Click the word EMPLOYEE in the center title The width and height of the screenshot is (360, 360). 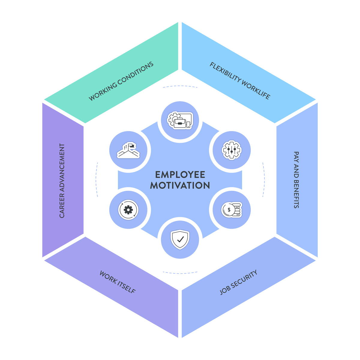(x=180, y=175)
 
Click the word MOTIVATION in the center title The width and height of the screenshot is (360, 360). (x=180, y=185)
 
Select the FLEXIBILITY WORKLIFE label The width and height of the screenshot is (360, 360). (x=240, y=81)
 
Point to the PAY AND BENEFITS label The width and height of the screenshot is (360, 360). (x=296, y=180)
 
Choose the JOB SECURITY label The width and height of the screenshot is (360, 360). (x=238, y=282)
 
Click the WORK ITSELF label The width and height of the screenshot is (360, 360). (x=118, y=282)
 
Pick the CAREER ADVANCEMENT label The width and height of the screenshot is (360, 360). (x=62, y=180)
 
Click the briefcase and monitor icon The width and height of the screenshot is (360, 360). (x=180, y=120)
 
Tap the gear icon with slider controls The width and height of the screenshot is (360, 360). (x=231, y=149)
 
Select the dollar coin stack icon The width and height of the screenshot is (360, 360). (x=231, y=210)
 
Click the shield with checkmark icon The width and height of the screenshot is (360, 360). (x=180, y=239)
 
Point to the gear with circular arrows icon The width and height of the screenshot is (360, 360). (x=128, y=209)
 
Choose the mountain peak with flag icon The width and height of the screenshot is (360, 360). (x=128, y=150)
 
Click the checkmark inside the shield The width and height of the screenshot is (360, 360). (x=180, y=239)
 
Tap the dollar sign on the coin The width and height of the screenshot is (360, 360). (x=229, y=210)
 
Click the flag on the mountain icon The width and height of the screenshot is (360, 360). (x=131, y=146)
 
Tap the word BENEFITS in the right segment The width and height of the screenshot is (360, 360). (x=296, y=194)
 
